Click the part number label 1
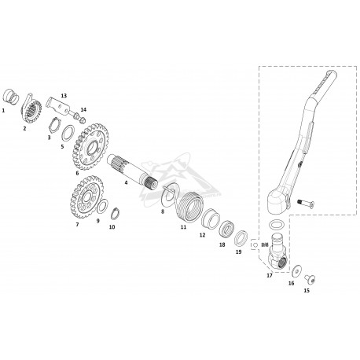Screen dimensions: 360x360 3,111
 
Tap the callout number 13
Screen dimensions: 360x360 64,96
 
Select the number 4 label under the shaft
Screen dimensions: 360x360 126,182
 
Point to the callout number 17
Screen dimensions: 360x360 270,275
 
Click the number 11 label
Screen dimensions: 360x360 183,227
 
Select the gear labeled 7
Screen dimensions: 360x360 87,197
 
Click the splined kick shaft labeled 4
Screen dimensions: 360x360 132,171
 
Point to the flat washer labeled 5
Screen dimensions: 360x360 68,133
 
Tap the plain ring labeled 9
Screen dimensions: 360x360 102,207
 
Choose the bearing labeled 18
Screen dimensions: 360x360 226,228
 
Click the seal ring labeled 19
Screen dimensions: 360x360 241,238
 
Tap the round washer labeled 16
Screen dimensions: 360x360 297,271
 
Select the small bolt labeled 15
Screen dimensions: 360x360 310,279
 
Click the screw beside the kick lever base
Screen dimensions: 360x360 306,203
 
